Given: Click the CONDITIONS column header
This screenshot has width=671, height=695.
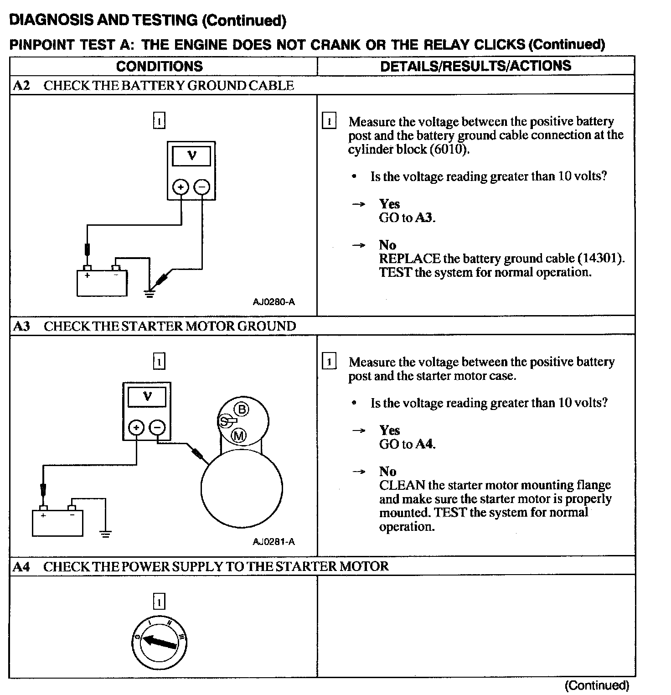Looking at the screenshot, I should [159, 66].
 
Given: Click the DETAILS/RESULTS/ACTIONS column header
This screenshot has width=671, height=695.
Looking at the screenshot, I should [475, 66].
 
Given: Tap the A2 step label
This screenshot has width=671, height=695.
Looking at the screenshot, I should [21, 85].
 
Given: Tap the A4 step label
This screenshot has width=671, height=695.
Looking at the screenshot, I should [21, 566].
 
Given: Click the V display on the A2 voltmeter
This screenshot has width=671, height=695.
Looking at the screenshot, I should [191, 156].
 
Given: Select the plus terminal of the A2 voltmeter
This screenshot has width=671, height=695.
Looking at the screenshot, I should [181, 187].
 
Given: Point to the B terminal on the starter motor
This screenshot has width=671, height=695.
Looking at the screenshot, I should [242, 409].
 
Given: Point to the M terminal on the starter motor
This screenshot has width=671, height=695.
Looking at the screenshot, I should [239, 436].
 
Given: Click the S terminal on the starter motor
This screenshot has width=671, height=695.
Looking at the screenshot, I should [224, 421].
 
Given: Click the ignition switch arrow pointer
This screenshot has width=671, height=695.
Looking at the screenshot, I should [160, 643].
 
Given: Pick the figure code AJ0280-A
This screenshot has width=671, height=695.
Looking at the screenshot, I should [274, 302].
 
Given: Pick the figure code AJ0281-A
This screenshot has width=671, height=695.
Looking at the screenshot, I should [274, 542].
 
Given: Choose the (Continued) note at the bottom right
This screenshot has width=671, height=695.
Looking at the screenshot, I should [597, 685].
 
